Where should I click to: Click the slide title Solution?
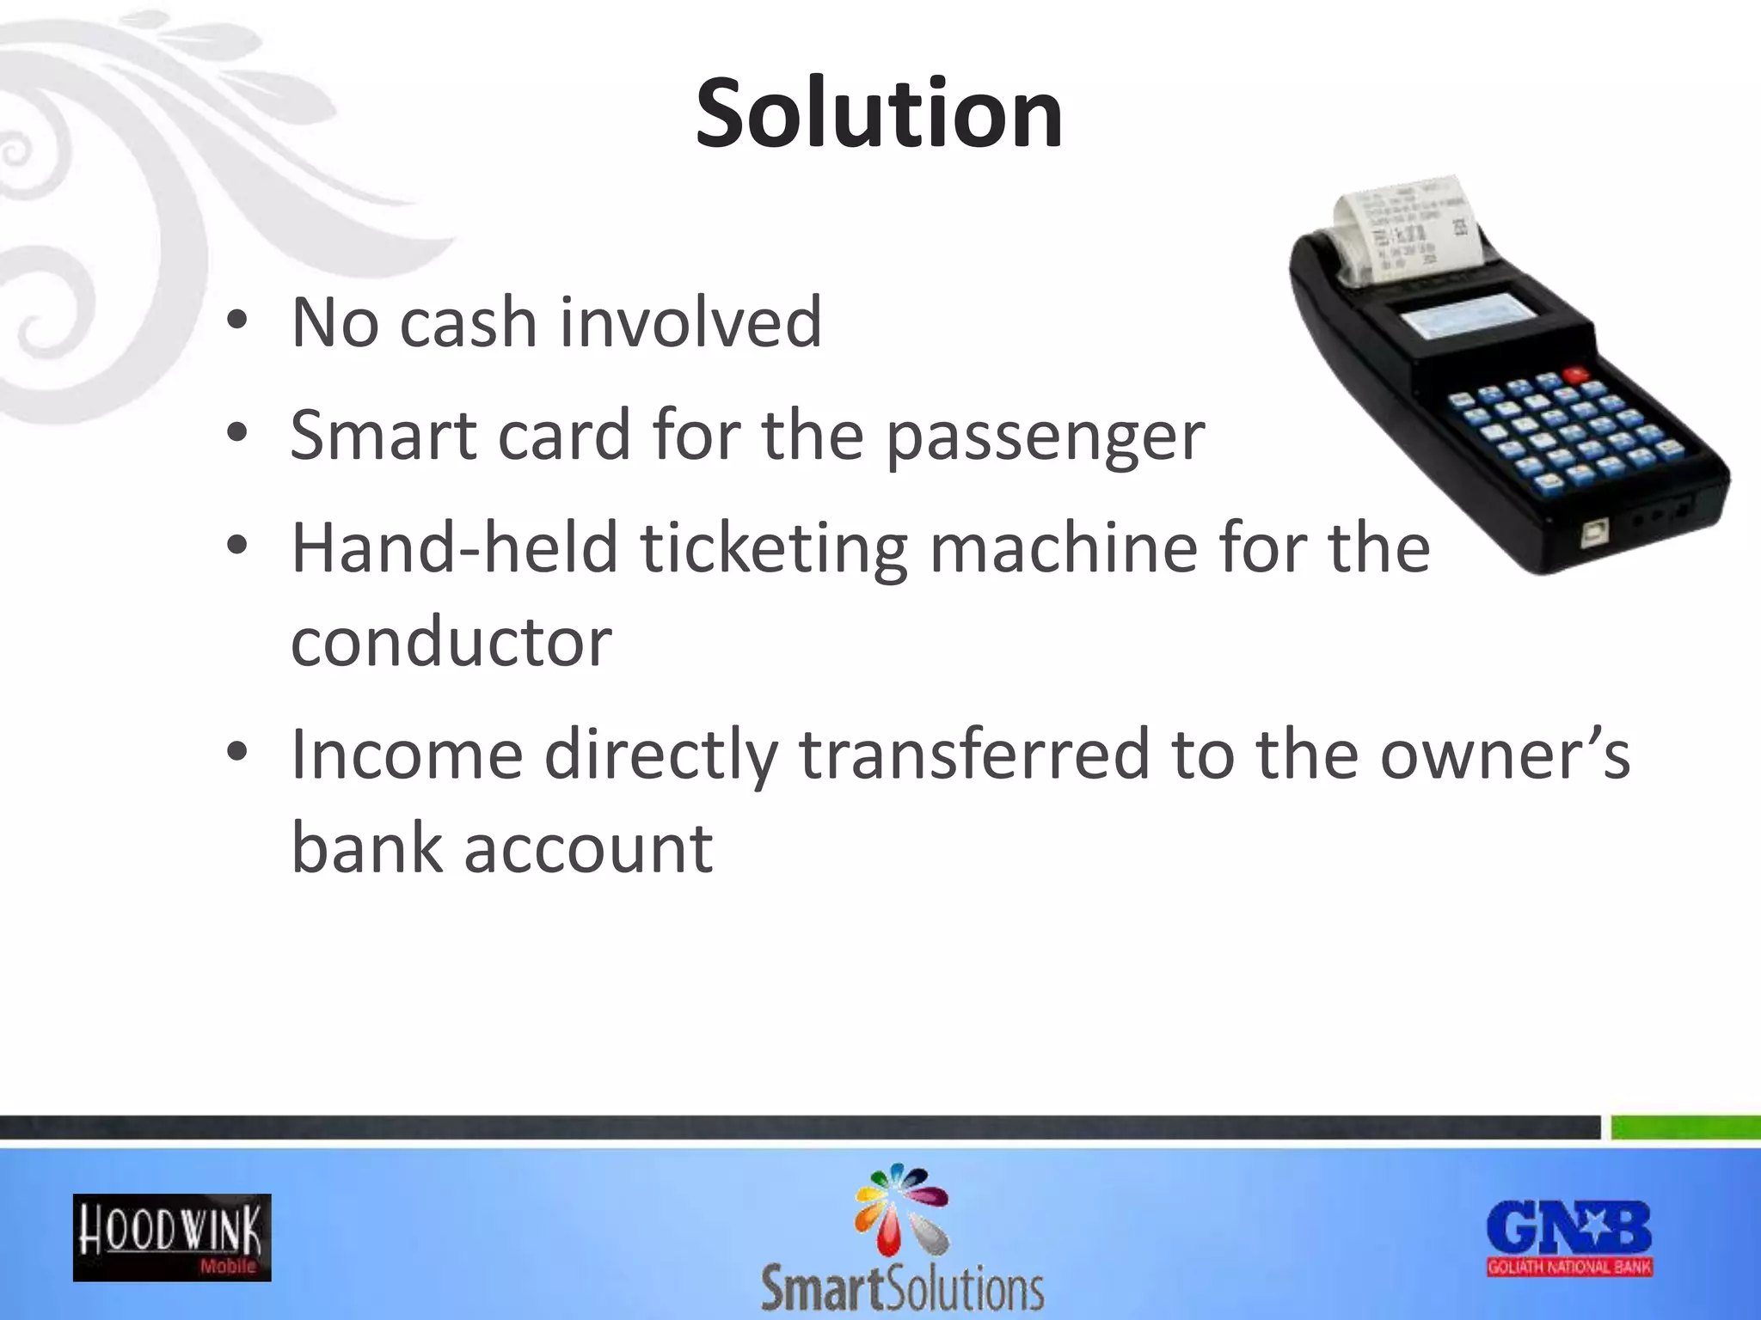click(879, 113)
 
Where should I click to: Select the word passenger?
click(1045, 437)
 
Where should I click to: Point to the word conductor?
click(451, 642)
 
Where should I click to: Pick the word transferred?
click(974, 755)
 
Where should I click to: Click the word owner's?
click(1505, 755)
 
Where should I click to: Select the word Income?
click(407, 755)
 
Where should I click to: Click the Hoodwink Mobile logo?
click(172, 1237)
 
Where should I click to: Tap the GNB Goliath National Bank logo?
click(1569, 1237)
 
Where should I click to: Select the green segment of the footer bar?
click(1685, 1127)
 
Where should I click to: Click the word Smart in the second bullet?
click(383, 437)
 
